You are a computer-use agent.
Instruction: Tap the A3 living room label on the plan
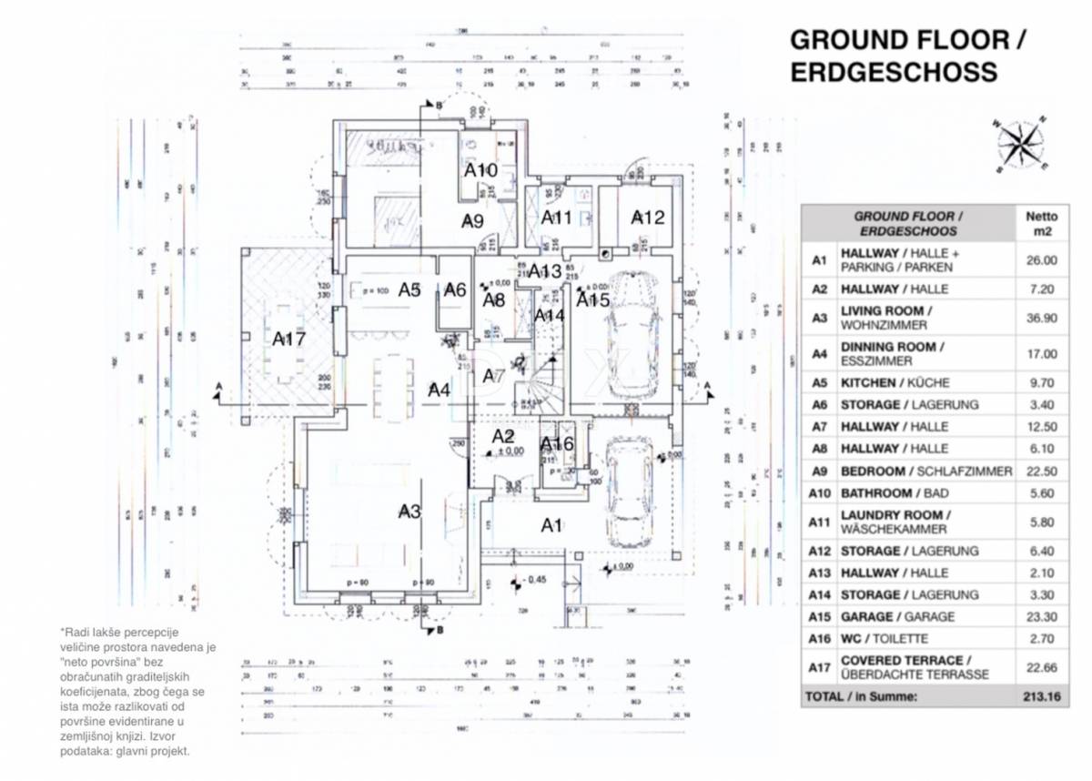coord(410,512)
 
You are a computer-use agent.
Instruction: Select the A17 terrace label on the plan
coord(289,339)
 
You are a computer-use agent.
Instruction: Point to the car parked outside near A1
coord(628,492)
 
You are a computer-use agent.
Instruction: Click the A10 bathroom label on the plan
coord(480,170)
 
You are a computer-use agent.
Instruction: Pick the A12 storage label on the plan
coord(648,218)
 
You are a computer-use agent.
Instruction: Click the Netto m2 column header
coord(1042,223)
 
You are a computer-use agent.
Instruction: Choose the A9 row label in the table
coord(819,472)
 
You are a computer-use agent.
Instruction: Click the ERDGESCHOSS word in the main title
coord(894,72)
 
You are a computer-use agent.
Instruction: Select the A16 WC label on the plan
coord(557,444)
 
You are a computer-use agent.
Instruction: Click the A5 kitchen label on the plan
coord(409,290)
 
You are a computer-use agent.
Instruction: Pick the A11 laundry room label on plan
coord(556,218)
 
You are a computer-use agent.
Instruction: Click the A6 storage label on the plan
coord(455,289)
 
